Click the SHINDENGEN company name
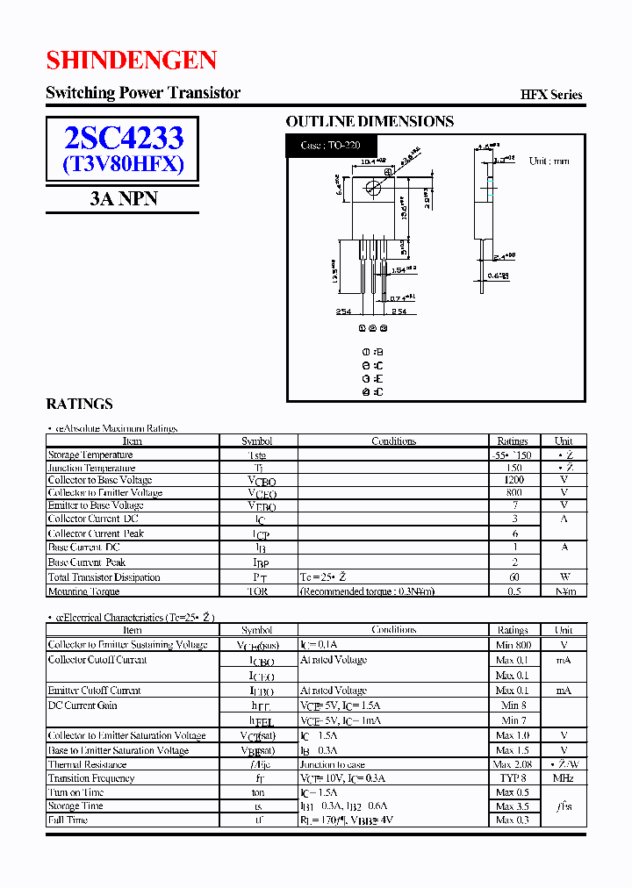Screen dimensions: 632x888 [x=132, y=60]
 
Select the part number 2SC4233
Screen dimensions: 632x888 [x=123, y=138]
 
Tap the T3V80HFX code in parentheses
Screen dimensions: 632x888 [x=123, y=163]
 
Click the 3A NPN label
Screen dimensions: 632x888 [x=123, y=198]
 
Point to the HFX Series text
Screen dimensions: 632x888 [x=551, y=95]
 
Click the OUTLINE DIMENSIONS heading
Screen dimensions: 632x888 [x=370, y=122]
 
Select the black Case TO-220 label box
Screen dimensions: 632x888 [x=332, y=145]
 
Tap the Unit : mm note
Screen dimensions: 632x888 [x=549, y=161]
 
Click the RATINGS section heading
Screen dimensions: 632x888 [x=79, y=405]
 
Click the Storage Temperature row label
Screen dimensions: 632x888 [x=90, y=455]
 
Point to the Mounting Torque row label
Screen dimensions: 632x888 [x=84, y=591]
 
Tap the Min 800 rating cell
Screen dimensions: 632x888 [x=513, y=645]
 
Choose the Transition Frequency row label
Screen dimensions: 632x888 [x=91, y=778]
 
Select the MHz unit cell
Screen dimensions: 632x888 [x=564, y=778]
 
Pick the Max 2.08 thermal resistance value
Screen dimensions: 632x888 [x=513, y=764]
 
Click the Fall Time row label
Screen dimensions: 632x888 [x=68, y=820]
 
